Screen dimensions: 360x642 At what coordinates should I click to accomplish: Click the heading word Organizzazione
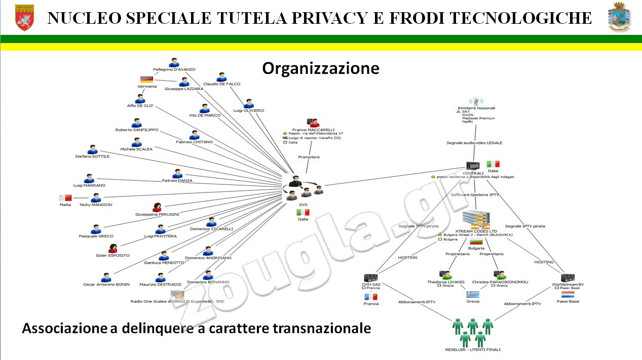pos(320,68)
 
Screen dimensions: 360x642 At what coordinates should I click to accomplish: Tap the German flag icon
pos(146,79)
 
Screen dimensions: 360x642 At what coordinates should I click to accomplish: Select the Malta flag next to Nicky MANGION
pos(65,198)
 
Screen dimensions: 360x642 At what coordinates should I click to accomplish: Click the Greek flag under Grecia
pos(473,294)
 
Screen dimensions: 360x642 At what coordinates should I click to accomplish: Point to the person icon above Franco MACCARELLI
pos(313,123)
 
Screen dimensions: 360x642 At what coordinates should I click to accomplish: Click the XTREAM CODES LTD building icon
pos(476,219)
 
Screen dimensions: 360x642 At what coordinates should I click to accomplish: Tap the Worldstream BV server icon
pos(568,277)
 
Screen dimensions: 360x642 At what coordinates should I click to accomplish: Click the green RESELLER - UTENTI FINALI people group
pos(472,332)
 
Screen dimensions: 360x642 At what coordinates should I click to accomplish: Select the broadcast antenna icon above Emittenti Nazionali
pos(475,101)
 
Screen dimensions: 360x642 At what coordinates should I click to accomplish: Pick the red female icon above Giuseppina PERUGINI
pos(157,207)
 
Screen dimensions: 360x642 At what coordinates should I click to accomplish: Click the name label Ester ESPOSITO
pos(113,256)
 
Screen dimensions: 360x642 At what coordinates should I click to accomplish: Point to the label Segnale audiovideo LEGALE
pos(474,143)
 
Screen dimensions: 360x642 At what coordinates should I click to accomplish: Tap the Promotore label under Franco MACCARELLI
pos(309,157)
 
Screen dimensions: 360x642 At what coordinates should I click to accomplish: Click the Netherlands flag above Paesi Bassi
pos(568,294)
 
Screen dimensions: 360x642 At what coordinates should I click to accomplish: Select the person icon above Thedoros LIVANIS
pos(446,275)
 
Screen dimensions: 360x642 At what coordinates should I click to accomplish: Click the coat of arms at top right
pos(619,17)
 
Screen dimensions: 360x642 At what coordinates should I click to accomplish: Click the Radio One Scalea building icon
pos(177,294)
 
